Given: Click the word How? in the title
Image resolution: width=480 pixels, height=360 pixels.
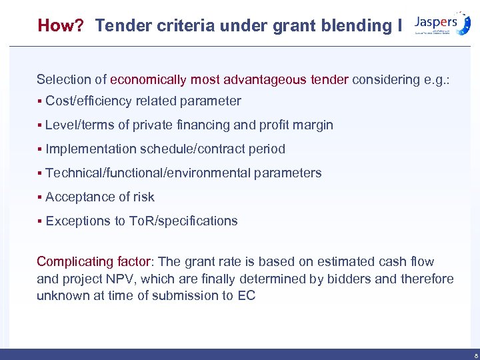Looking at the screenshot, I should [61, 26].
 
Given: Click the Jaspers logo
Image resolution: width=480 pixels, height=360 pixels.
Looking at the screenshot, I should [441, 23].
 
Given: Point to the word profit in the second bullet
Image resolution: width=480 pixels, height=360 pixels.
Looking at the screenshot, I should [275, 125].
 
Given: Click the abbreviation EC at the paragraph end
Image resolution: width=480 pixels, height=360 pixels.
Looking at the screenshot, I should [246, 295].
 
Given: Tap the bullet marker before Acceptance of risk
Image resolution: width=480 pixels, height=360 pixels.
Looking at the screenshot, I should [40, 197].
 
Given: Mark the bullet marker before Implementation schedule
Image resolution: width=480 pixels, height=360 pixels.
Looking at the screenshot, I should [40, 149].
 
